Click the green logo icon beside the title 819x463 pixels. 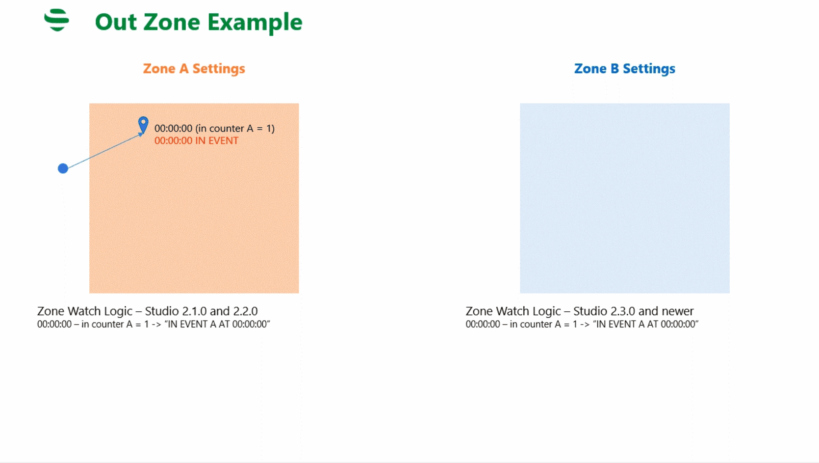click(57, 20)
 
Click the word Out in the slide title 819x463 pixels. click(116, 22)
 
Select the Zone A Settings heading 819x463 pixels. click(194, 68)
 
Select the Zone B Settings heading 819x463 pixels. click(624, 68)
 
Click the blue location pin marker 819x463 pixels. click(143, 125)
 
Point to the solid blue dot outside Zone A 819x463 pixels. click(63, 168)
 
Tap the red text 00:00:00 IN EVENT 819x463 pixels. click(196, 140)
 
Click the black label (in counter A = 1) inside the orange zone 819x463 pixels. click(235, 129)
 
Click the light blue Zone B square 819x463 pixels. click(624, 198)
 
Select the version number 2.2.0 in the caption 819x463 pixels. click(245, 311)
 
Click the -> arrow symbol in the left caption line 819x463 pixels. click(156, 324)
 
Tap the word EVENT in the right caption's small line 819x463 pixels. click(624, 324)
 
